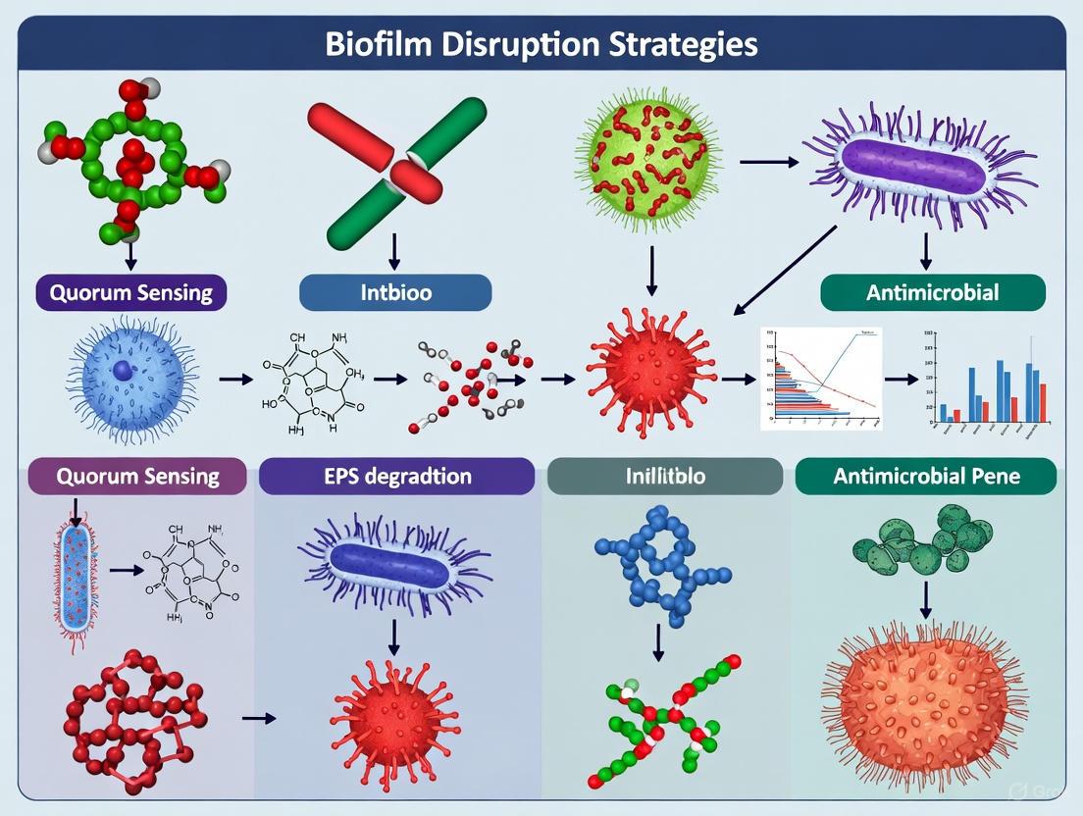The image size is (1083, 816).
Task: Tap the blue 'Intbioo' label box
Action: click(x=394, y=292)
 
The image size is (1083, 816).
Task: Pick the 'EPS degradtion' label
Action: click(x=396, y=477)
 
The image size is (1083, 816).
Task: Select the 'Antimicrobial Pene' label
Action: click(x=926, y=477)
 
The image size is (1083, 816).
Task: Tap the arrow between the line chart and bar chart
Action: click(x=898, y=378)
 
